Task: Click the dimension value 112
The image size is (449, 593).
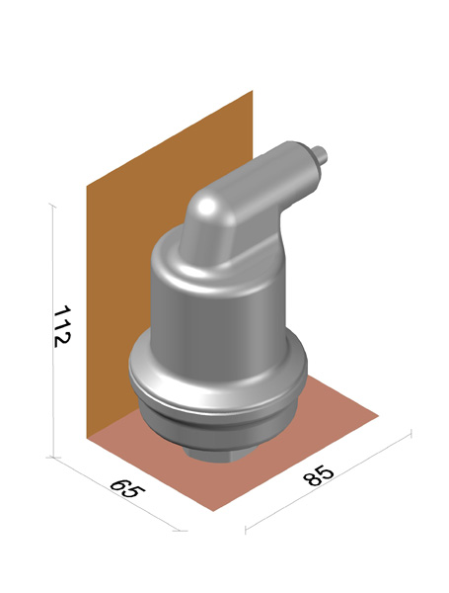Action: [61, 326]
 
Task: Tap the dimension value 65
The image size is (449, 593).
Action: [127, 489]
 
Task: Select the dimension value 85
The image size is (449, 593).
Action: [319, 475]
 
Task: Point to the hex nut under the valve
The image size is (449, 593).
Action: [219, 453]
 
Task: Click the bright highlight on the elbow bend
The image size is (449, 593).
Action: [206, 206]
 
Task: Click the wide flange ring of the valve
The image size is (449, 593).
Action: [218, 379]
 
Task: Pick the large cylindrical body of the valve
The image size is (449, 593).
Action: [218, 310]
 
